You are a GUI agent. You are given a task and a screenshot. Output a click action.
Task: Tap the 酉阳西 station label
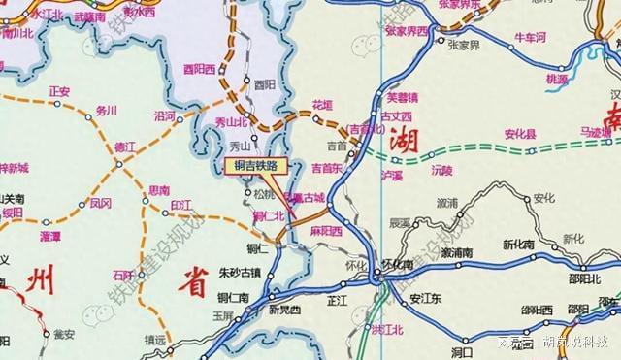[x=198, y=69]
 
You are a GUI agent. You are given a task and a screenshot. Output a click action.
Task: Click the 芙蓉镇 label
[x=402, y=97]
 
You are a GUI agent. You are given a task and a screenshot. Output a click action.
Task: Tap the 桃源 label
[x=557, y=79]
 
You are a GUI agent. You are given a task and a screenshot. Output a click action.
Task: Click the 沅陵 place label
[x=441, y=170]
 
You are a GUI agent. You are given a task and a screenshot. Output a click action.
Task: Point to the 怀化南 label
[x=398, y=264]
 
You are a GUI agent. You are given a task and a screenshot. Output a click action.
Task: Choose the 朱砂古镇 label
[x=240, y=272]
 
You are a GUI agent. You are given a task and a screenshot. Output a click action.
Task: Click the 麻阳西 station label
[x=326, y=232]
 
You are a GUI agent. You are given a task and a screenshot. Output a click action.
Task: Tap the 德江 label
[x=125, y=147]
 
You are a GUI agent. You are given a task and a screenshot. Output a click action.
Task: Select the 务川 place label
[x=107, y=111]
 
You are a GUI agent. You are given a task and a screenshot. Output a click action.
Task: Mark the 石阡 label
[x=122, y=275]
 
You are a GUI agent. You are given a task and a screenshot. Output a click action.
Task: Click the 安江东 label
[x=425, y=299]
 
